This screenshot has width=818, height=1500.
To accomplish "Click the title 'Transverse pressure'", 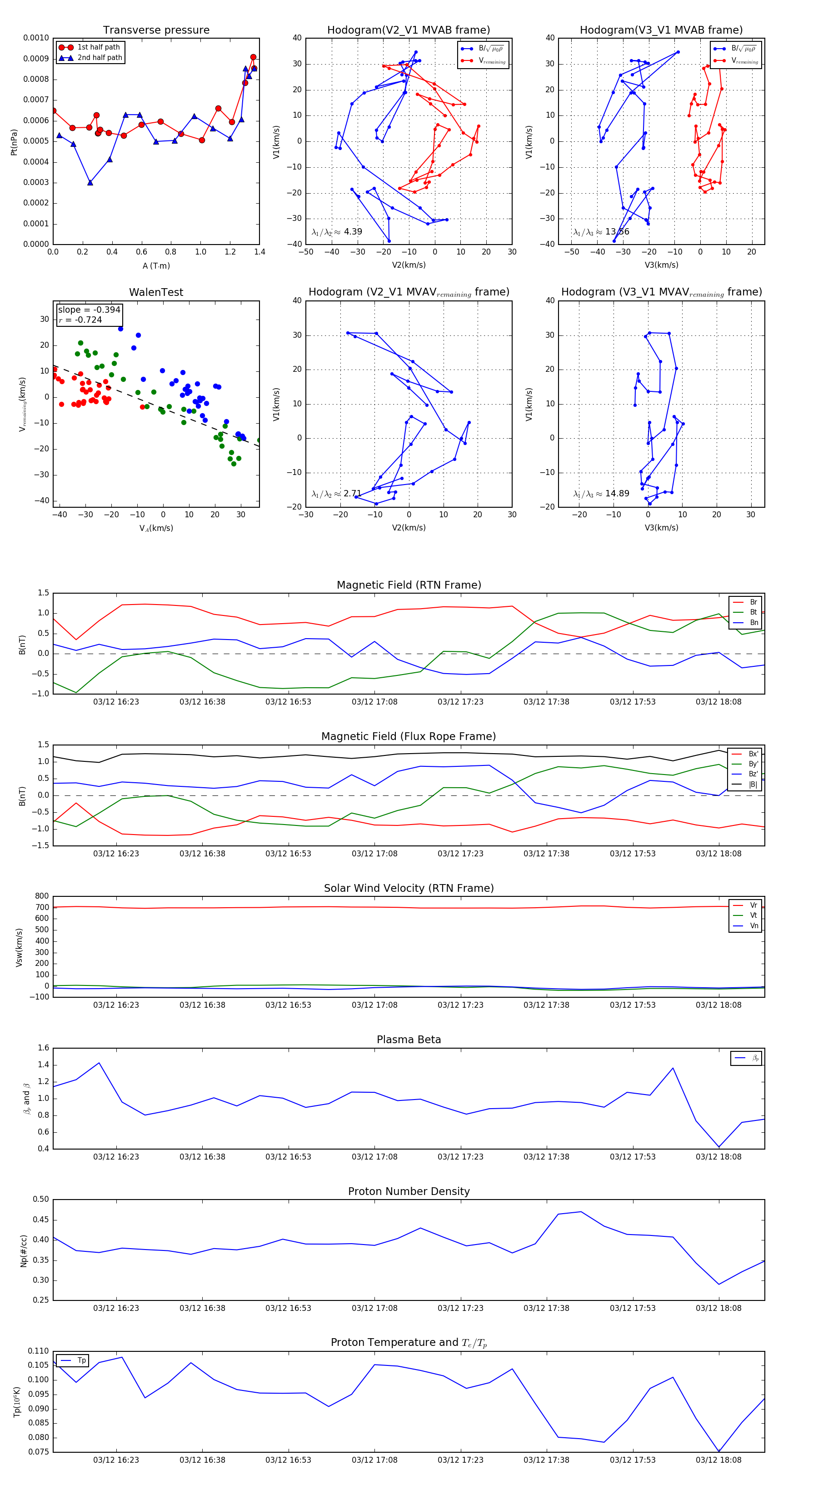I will [x=156, y=30].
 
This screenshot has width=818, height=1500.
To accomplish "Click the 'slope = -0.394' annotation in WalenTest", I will [x=89, y=310].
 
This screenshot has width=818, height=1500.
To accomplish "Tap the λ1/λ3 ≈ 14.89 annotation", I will [x=601, y=494].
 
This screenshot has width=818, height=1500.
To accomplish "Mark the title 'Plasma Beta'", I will [x=409, y=1040].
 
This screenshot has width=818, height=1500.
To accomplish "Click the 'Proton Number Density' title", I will [x=409, y=1191].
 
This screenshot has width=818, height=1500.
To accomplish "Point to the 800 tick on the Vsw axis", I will [x=42, y=896].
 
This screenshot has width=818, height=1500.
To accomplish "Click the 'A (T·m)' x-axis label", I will [x=156, y=265].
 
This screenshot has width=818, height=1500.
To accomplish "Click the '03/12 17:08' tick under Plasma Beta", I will [x=374, y=1156].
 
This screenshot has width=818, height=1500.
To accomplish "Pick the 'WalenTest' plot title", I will [x=156, y=292].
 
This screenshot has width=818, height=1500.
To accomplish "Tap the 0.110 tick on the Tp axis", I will [x=39, y=1351].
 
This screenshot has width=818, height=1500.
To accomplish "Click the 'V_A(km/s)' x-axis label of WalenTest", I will [x=156, y=528].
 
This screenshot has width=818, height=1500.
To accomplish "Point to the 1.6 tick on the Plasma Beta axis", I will [x=43, y=1048].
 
